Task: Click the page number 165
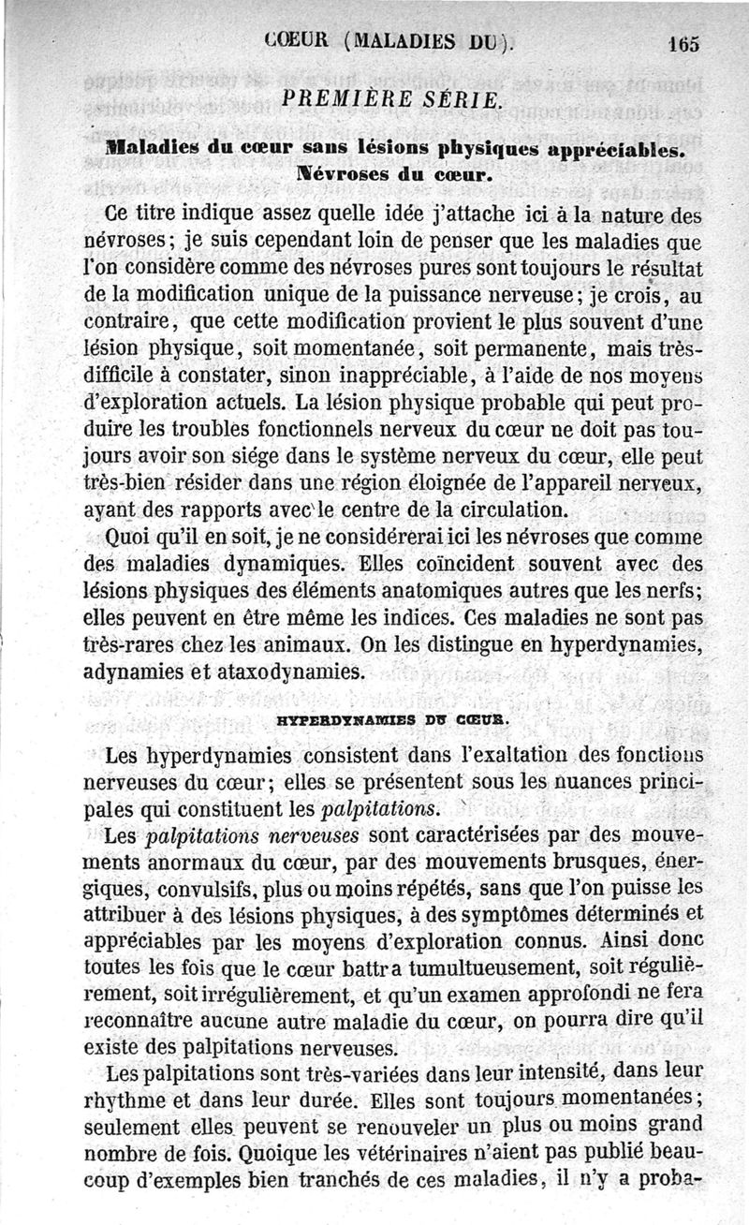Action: coord(684,43)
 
